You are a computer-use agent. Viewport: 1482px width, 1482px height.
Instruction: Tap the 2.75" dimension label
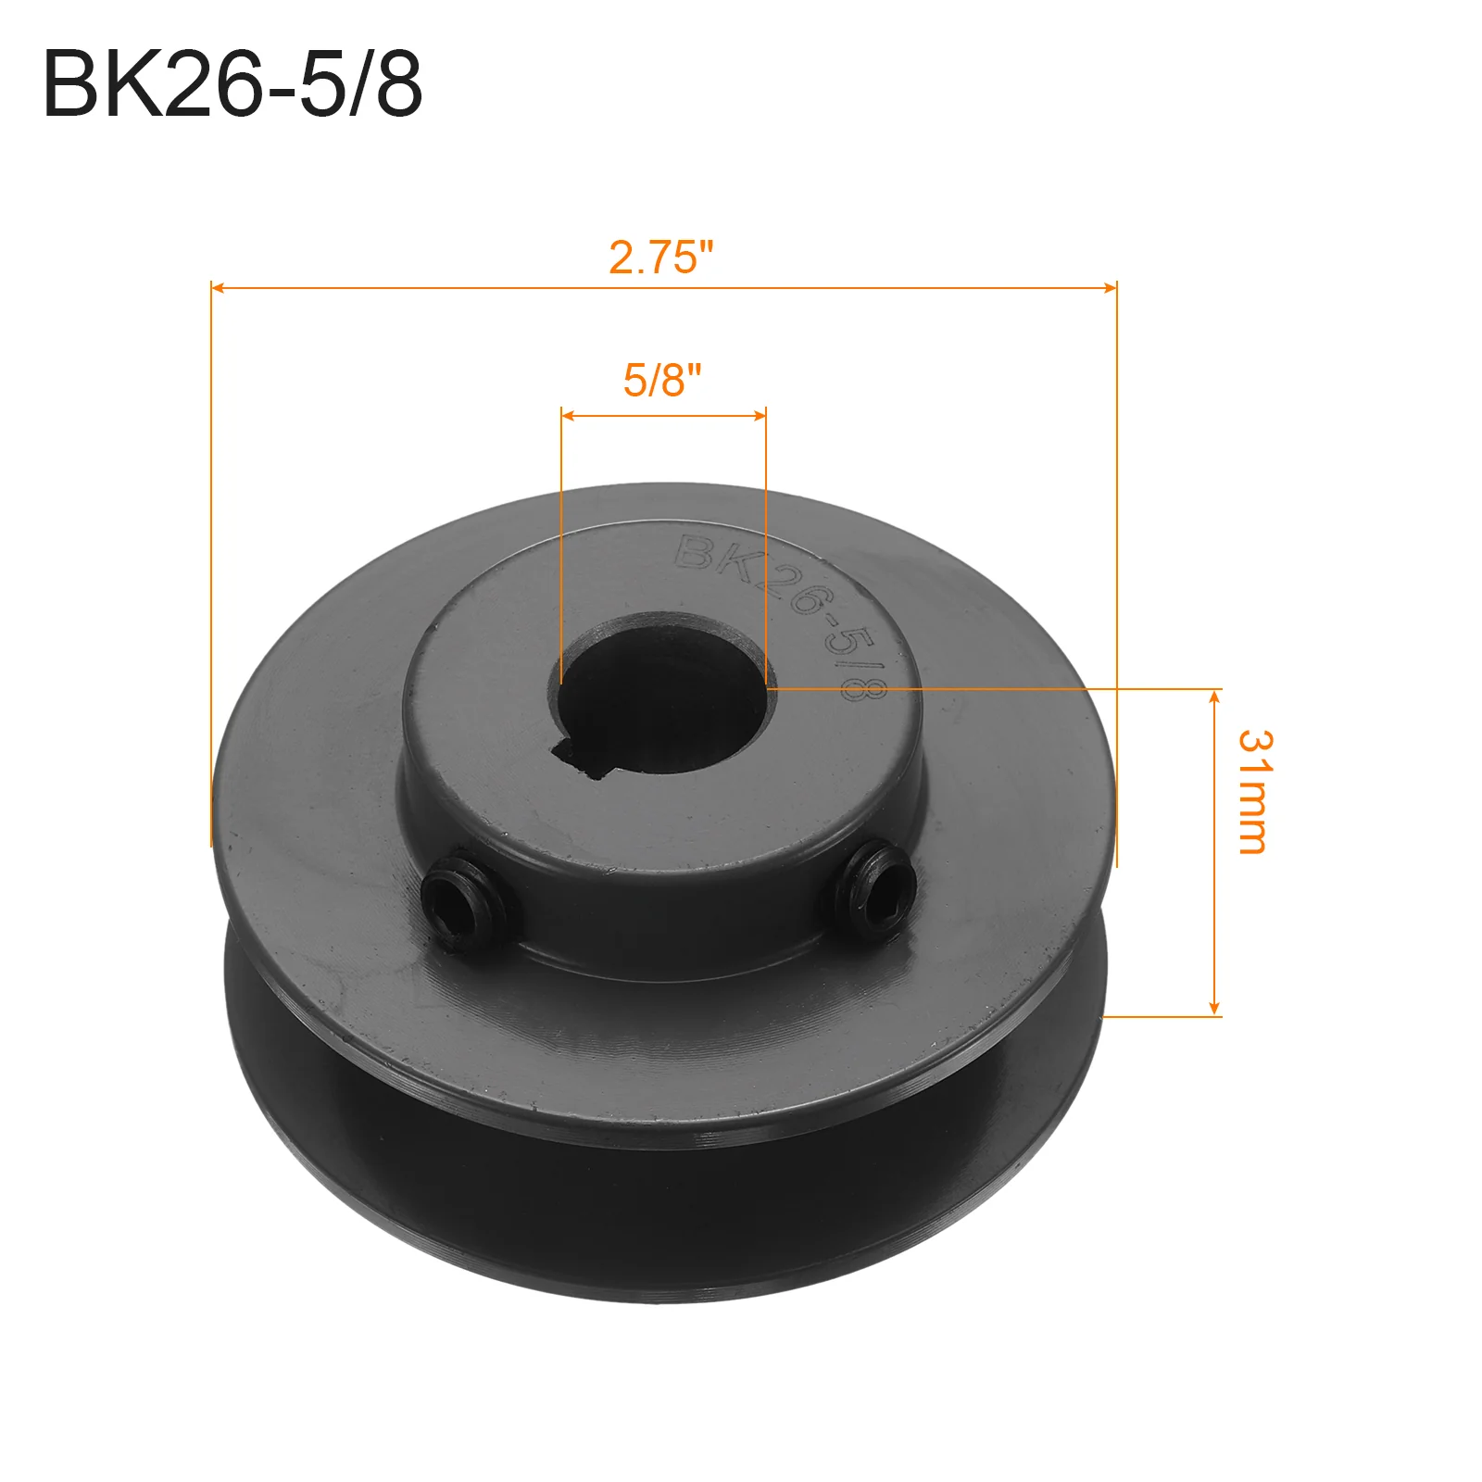(x=661, y=257)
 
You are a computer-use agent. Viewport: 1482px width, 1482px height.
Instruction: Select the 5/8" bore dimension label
(x=662, y=380)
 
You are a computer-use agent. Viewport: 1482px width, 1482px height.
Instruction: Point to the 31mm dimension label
(x=1256, y=791)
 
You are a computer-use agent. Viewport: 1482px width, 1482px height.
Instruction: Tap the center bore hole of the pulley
(x=663, y=693)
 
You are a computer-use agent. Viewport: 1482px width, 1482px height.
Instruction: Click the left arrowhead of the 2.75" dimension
(x=219, y=288)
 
